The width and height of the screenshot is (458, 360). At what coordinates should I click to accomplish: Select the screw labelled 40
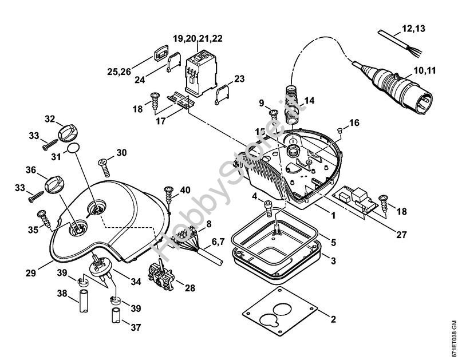(169, 193)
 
